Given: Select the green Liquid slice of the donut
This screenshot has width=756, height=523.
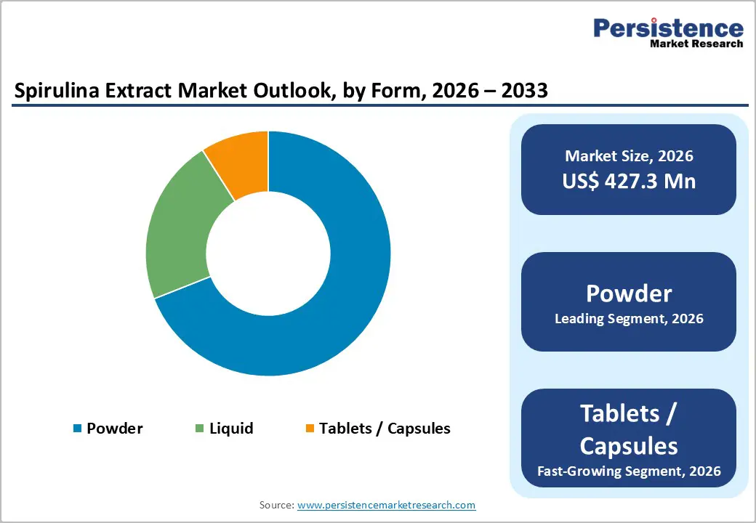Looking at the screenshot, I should click(177, 232).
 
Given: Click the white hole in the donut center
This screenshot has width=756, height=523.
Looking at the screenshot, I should click(268, 254).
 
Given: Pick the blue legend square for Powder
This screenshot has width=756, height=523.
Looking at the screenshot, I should click(77, 429).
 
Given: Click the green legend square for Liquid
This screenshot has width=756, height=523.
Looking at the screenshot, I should click(199, 429).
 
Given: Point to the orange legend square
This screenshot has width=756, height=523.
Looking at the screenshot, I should click(310, 429).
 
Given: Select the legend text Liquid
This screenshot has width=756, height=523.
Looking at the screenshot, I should click(231, 429).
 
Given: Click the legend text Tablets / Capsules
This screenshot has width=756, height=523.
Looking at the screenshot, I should click(385, 429).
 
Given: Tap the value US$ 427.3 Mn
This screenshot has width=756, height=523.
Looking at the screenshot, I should click(629, 181).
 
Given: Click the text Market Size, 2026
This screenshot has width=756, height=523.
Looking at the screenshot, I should click(629, 156).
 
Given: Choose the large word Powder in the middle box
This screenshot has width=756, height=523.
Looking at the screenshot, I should click(629, 293).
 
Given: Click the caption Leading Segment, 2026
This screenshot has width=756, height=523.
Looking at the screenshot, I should click(629, 318).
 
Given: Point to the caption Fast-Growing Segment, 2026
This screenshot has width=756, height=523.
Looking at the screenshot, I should click(629, 471).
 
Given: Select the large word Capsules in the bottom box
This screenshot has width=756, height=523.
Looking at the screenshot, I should click(629, 445).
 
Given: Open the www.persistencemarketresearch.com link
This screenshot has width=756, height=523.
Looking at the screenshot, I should click(386, 505).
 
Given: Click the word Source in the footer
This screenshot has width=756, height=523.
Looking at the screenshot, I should click(276, 505).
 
